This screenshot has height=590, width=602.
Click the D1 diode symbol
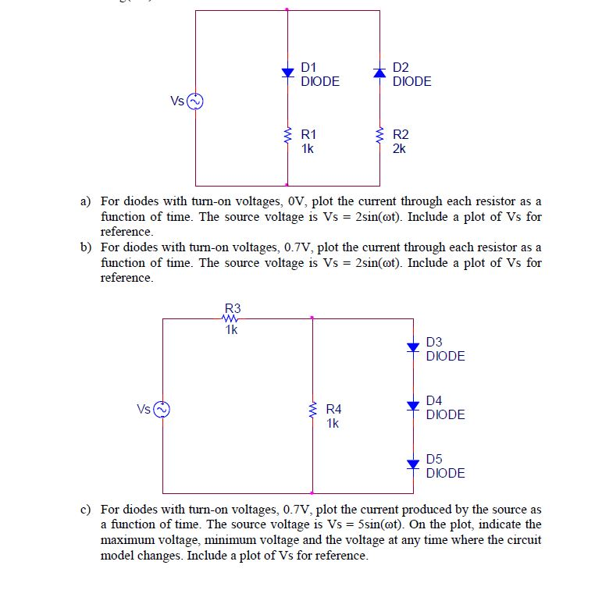(x=288, y=73)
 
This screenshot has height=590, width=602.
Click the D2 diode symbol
(x=380, y=73)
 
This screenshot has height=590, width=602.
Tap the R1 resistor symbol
(x=288, y=138)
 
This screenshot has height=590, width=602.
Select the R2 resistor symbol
(x=380, y=138)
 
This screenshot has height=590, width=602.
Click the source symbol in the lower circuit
(x=162, y=409)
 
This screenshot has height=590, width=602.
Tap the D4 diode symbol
(x=413, y=405)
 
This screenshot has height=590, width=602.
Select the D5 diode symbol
(x=413, y=464)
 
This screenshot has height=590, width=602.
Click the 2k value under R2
(x=399, y=148)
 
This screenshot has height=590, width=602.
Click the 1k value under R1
(x=307, y=148)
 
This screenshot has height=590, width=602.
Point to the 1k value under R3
(x=231, y=329)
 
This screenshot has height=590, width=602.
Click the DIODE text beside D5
(x=446, y=473)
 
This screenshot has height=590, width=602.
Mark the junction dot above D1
(x=288, y=10)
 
